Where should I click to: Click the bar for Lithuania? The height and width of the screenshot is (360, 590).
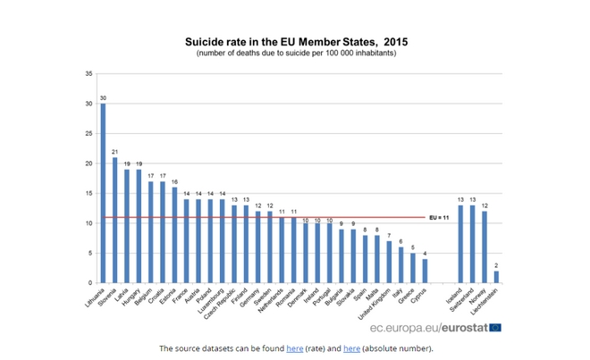(103, 193)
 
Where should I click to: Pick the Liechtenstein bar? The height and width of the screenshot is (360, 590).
(496, 277)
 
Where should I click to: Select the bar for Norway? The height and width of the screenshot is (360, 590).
(485, 247)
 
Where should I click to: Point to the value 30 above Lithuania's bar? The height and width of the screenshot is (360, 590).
(103, 97)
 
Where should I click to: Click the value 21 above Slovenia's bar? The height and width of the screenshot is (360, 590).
(114, 151)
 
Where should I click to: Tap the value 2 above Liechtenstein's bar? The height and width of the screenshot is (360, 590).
(496, 264)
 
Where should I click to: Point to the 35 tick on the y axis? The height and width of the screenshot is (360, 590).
(88, 73)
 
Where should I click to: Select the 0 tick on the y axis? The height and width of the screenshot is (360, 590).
(89, 283)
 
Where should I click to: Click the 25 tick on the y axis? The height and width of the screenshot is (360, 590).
(88, 133)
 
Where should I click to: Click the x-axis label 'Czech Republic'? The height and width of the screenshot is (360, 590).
(223, 303)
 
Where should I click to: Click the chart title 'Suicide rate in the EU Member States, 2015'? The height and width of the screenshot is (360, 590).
(295, 41)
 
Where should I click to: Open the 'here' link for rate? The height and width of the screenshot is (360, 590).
(294, 348)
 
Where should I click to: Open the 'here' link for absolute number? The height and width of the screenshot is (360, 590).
(351, 348)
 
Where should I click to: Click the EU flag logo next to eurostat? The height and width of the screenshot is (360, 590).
(494, 328)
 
